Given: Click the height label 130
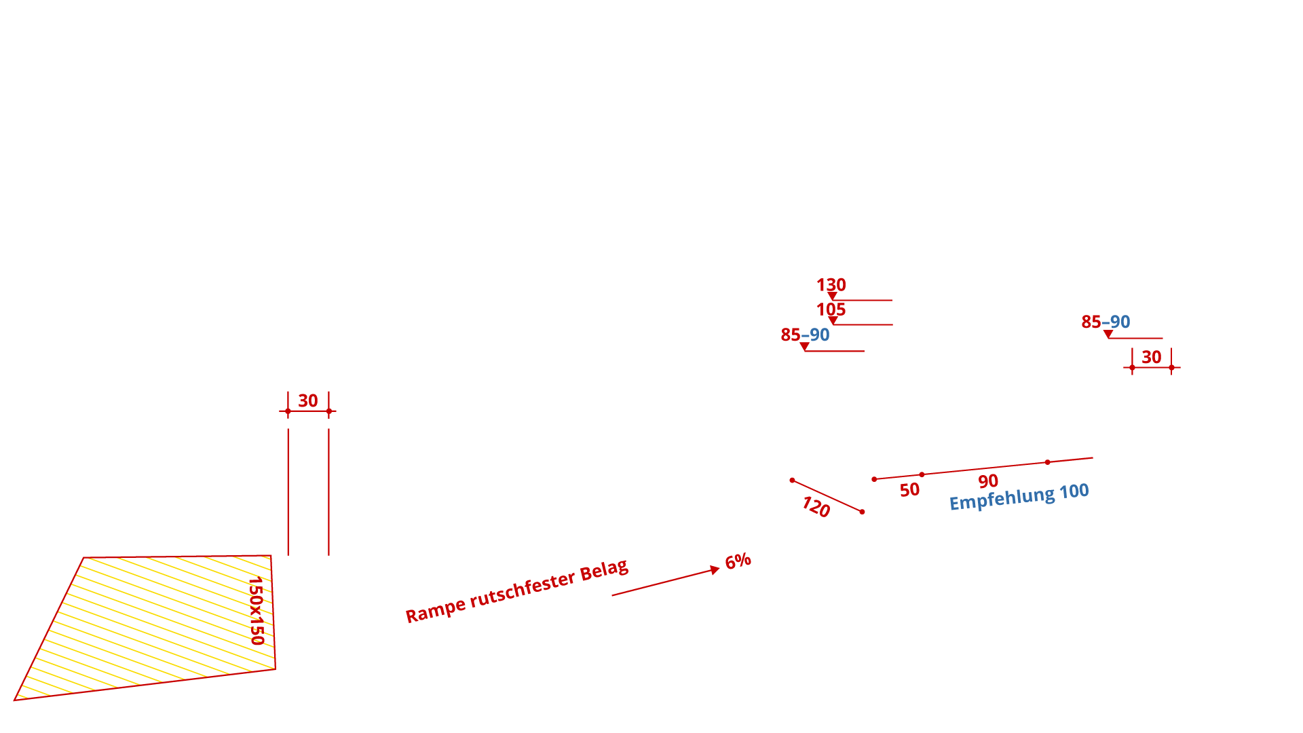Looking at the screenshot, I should (831, 285).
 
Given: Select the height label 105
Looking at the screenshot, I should (831, 310).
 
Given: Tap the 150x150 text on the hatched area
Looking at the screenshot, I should (257, 611).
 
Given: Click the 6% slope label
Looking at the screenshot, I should (738, 561).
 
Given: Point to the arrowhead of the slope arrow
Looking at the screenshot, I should (715, 569).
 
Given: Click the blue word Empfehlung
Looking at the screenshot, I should (1002, 499).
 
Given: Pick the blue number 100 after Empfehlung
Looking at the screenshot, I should (1074, 491).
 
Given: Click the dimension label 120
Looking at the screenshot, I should (816, 506).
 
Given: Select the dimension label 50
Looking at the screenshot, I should (909, 490).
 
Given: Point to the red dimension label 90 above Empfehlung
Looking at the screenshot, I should (988, 481).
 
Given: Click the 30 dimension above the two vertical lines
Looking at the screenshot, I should (308, 401).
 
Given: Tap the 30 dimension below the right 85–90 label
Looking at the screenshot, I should (1152, 358).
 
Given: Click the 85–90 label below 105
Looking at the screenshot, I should (805, 335).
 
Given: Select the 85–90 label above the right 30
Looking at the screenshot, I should (1106, 322).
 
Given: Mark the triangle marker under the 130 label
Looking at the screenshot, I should (832, 297).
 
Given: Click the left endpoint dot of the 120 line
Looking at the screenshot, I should (793, 481).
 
